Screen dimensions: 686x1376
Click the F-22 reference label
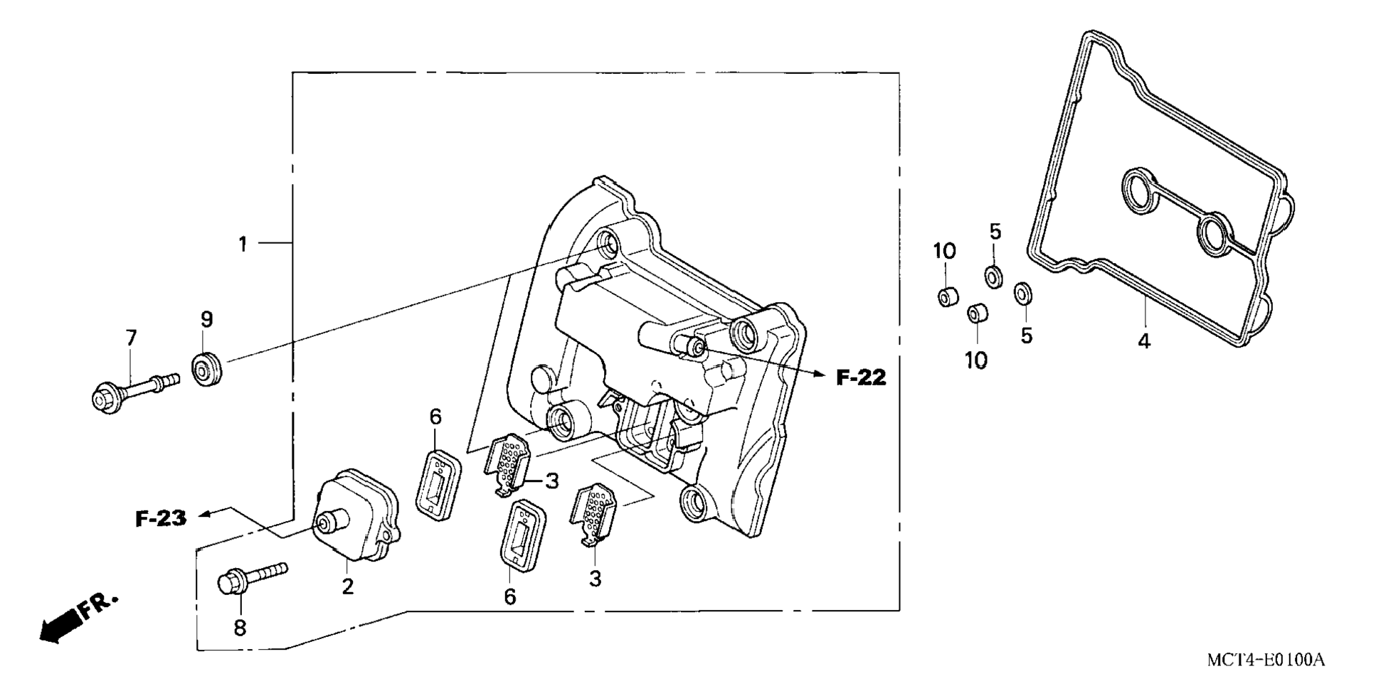(x=861, y=377)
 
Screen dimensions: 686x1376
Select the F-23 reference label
(x=161, y=518)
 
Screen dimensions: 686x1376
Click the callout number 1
(x=243, y=244)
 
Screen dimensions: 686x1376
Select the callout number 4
(x=1143, y=342)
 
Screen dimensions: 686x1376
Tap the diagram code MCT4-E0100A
(x=1265, y=660)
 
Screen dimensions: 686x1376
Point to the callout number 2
(x=347, y=586)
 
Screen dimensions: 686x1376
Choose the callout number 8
(x=240, y=628)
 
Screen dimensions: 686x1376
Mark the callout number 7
(x=131, y=338)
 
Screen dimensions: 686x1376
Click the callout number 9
(x=206, y=319)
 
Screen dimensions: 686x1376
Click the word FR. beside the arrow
(x=98, y=606)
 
